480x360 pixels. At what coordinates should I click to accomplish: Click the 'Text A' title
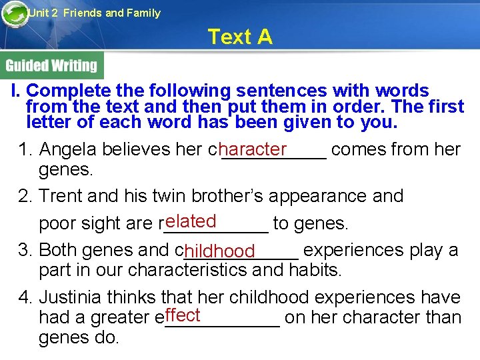click(x=240, y=37)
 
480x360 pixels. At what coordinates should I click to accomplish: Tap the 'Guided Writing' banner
click(x=51, y=65)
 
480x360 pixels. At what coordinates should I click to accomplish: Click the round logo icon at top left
click(x=15, y=15)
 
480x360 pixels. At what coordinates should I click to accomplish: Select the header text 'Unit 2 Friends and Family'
click(x=94, y=13)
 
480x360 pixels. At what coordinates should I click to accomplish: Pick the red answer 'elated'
click(x=191, y=221)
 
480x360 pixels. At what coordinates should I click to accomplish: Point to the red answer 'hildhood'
click(x=220, y=251)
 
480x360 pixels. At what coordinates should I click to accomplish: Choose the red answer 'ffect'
click(x=183, y=315)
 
